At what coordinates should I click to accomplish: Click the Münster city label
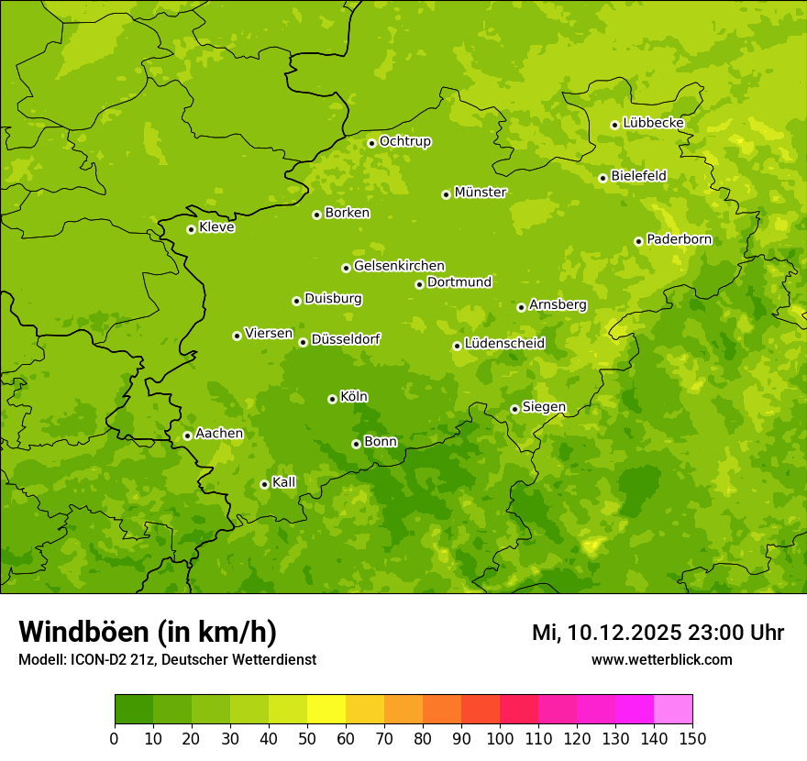480,193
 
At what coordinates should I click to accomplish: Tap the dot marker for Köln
332,399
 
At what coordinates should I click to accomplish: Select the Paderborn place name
679,239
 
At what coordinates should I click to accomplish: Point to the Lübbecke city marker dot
614,125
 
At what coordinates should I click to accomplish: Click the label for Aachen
219,434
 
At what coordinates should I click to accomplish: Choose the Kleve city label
216,227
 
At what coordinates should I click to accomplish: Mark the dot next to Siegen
514,409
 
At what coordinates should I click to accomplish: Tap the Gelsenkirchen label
399,266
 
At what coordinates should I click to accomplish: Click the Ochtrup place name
404,141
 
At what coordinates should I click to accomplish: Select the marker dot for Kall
264,484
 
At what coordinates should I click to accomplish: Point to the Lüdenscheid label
504,344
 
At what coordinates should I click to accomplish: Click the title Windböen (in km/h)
147,632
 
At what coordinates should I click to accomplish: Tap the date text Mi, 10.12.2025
606,633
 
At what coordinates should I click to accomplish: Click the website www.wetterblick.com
661,659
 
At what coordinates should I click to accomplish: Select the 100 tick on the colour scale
499,738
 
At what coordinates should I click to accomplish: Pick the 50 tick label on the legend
306,738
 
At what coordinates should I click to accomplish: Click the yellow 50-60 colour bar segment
326,710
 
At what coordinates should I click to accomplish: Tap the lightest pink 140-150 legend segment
672,710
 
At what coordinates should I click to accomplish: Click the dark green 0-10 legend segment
133,710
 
